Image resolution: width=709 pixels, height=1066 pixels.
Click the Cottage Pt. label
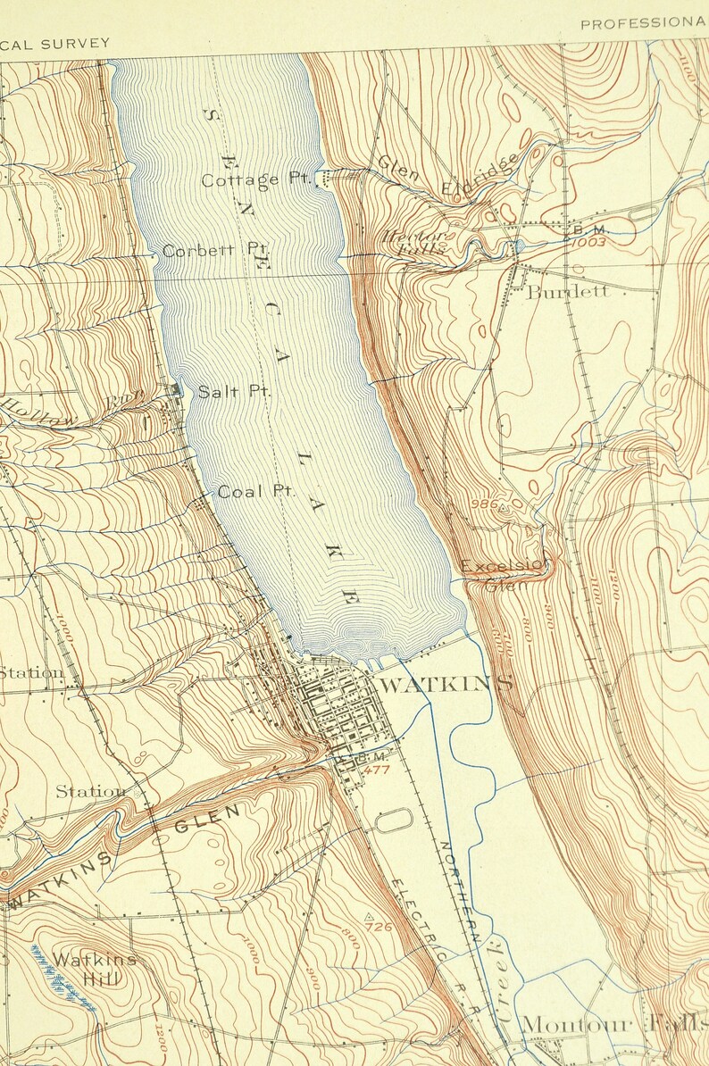click(x=254, y=180)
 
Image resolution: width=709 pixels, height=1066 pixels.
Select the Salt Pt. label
click(x=233, y=391)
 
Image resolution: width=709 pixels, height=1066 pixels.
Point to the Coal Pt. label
click(x=256, y=491)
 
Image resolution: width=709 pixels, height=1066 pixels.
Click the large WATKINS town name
click(x=446, y=685)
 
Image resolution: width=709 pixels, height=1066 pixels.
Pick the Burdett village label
click(x=567, y=291)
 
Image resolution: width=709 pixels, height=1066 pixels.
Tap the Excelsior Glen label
click(x=504, y=572)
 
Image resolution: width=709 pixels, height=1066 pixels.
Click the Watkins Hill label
click(x=94, y=968)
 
